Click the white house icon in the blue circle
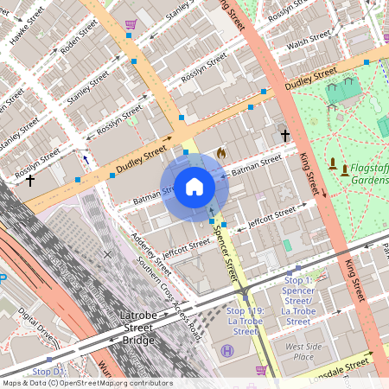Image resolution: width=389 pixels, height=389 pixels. (x=194, y=186)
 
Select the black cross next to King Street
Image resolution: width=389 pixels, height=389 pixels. (x=284, y=136)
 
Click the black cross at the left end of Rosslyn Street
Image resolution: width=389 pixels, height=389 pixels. (x=30, y=181)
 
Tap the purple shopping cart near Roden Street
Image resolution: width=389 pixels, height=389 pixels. (x=131, y=24)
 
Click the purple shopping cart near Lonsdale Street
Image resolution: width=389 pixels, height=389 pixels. (x=261, y=371)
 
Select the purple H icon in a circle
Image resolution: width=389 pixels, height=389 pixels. (x=227, y=350)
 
